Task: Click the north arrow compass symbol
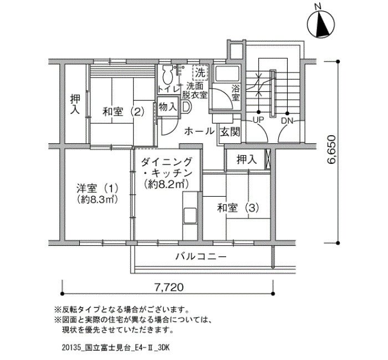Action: (x=321, y=24)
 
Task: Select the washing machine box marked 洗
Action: (x=200, y=73)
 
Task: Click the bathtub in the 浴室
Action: (x=227, y=74)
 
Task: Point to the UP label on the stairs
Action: (x=258, y=120)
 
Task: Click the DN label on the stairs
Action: (x=287, y=121)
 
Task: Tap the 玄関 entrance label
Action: (x=230, y=132)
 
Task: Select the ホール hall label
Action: (x=199, y=131)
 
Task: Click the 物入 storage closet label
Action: (x=168, y=107)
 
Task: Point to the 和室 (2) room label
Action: (x=123, y=112)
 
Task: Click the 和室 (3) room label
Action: (x=238, y=208)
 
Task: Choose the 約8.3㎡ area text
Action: (x=97, y=199)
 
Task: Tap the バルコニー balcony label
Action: (x=201, y=256)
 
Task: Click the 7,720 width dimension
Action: (x=169, y=287)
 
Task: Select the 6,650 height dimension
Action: (x=331, y=150)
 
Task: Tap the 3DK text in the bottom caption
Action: (x=165, y=348)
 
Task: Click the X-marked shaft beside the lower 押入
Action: (x=268, y=160)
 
